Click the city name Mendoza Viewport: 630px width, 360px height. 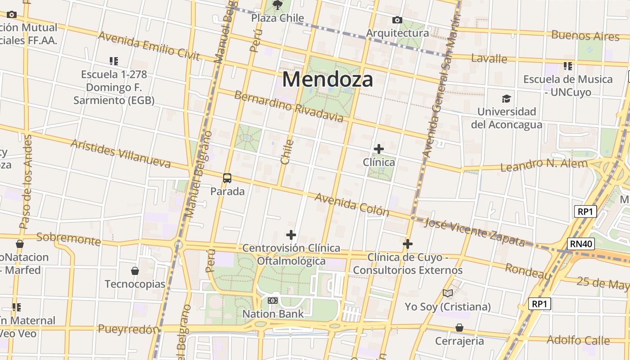pos(328,80)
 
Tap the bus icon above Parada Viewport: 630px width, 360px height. pos(227,178)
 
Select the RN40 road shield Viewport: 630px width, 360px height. pos(581,244)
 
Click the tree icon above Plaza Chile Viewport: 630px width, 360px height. pos(278,5)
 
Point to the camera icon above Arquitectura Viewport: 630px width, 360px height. pos(397,20)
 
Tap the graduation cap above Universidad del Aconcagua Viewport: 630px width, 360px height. pos(507,99)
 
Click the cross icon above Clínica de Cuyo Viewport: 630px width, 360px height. pos(408,244)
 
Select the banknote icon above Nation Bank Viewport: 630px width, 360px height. pos(273,301)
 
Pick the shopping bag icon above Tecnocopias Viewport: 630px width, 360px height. pos(135,270)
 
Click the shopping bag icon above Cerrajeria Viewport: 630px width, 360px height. pos(459,327)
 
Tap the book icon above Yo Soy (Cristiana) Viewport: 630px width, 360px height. pos(447,293)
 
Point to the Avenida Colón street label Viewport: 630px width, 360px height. pos(351,204)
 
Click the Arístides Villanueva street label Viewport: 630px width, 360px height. pos(121,153)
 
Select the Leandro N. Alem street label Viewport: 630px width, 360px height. pos(544,165)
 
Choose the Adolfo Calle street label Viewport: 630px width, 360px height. pos(578,340)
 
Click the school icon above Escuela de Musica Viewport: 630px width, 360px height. pos(568,66)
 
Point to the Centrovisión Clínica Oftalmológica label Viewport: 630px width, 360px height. pos(291,254)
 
